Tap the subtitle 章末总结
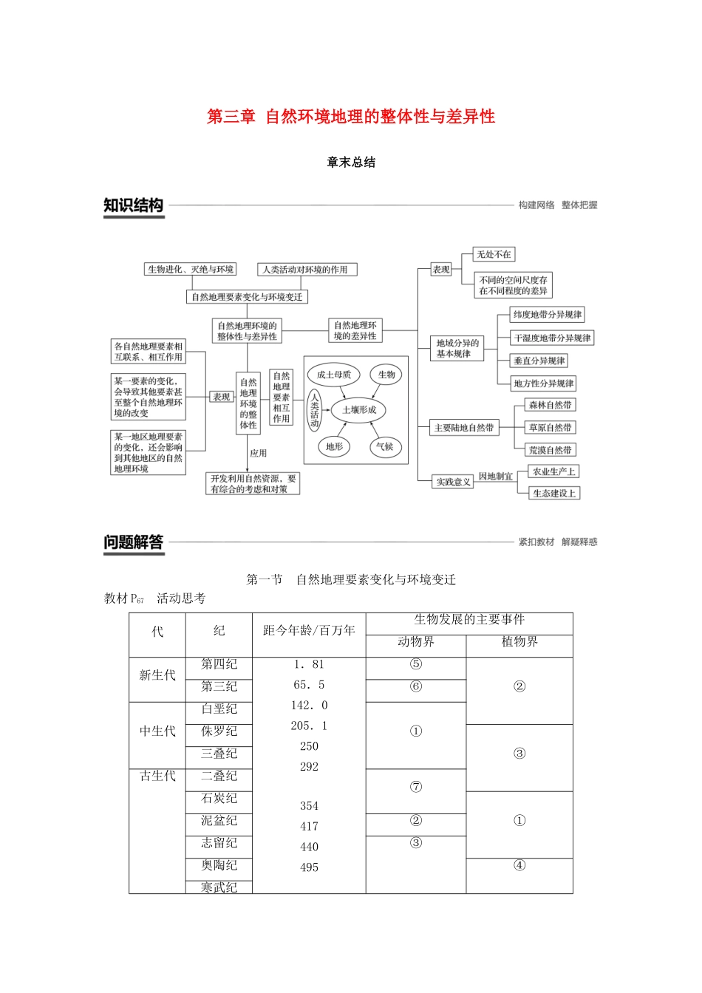(x=351, y=163)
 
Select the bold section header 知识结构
(x=133, y=205)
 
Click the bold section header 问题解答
(x=133, y=542)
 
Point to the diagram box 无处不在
(x=494, y=255)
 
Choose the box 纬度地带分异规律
(x=548, y=315)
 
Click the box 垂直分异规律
(x=539, y=361)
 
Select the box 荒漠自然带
(x=550, y=450)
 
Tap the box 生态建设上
(x=554, y=493)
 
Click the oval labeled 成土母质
(x=333, y=375)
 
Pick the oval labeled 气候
(x=384, y=446)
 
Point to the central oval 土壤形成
(x=359, y=409)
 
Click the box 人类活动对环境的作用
(x=306, y=270)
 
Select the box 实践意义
(x=453, y=482)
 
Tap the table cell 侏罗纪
(x=219, y=731)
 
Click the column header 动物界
(x=416, y=642)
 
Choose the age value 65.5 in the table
(x=309, y=685)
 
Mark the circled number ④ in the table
(x=519, y=865)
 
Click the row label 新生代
(x=157, y=675)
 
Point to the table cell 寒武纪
(x=219, y=887)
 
